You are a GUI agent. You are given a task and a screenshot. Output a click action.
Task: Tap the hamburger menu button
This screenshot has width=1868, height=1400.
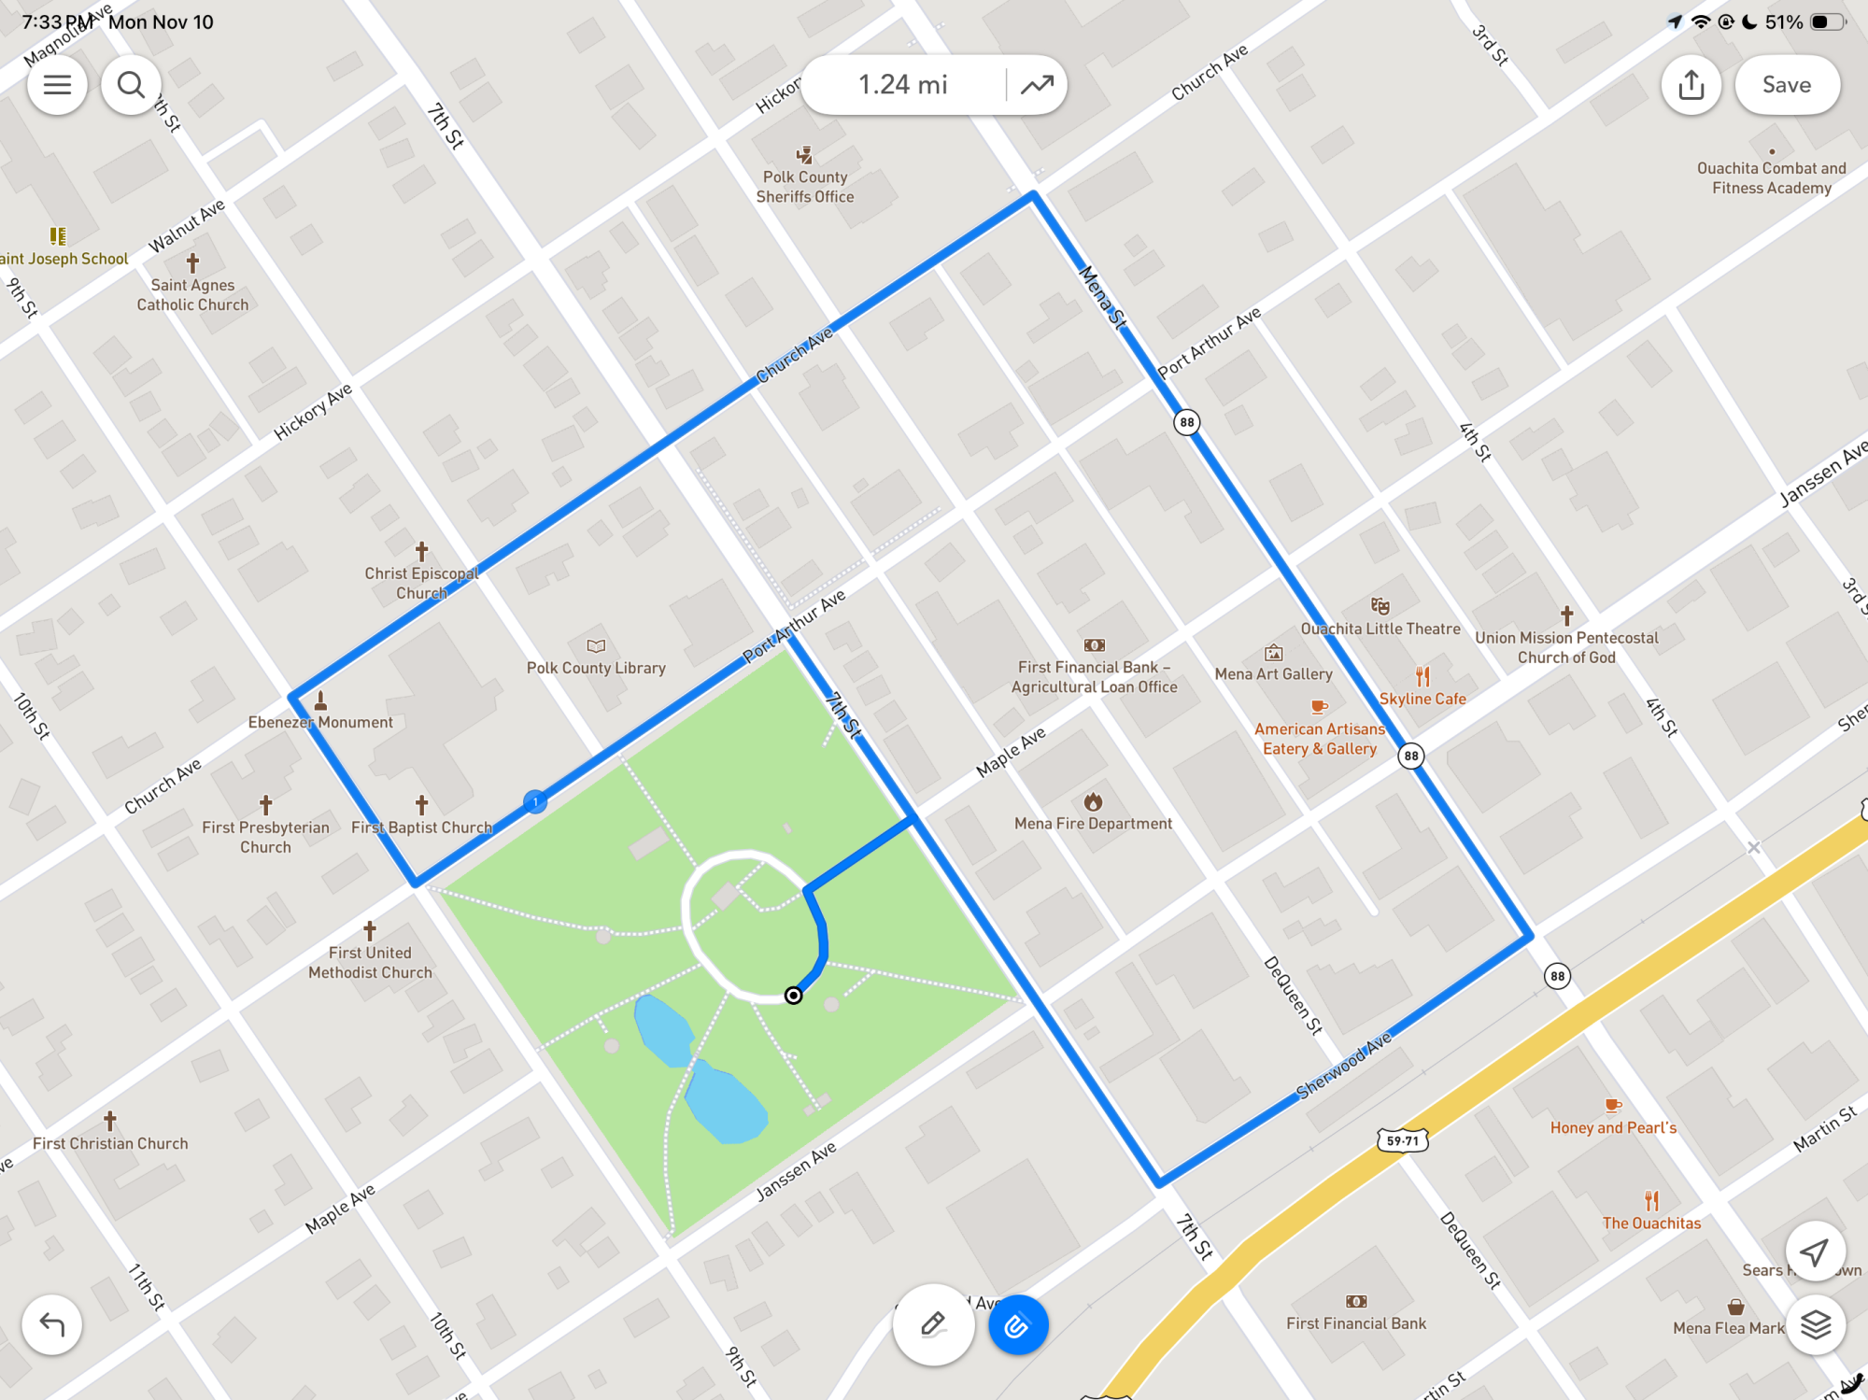57,85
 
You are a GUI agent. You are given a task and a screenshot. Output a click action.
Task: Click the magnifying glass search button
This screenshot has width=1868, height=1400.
131,85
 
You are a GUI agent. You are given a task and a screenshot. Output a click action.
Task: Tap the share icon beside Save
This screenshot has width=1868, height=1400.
1691,85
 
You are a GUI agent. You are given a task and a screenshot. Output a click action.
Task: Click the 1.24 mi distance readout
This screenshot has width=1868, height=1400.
902,85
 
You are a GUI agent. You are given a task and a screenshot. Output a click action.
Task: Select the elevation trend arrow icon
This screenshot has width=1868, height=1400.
1037,85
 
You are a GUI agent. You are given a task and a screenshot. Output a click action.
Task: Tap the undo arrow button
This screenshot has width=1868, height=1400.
52,1324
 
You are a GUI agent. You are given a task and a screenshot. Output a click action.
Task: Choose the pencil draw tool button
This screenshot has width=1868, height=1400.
933,1324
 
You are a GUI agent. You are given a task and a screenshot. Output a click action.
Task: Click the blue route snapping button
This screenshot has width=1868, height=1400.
1017,1324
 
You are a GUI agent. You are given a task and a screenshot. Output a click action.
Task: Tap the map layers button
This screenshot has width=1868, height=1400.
1815,1324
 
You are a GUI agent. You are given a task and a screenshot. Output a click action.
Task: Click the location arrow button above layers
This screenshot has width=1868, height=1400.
1815,1252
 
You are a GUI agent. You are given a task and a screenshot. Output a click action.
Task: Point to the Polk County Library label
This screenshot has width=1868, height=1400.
596,668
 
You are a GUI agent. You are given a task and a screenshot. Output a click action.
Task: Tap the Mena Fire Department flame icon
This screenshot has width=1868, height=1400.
1093,801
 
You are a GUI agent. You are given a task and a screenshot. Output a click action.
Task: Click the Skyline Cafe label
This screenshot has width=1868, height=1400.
1422,699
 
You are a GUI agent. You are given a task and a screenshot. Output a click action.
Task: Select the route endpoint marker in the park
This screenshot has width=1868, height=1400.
793,996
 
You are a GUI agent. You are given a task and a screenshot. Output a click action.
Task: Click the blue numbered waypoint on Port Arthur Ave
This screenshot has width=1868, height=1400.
535,801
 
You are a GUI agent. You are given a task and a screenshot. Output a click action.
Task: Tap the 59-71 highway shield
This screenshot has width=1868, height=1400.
1403,1140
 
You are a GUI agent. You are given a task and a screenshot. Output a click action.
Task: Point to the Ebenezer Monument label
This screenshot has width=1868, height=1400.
320,722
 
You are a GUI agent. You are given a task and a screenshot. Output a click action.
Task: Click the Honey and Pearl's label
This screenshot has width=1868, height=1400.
1613,1127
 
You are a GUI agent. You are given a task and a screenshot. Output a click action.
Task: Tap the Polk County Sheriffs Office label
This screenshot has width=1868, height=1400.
805,187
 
